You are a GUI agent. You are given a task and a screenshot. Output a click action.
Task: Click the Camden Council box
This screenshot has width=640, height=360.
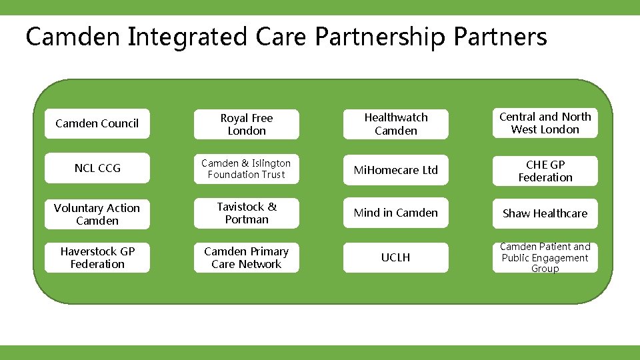[97, 123]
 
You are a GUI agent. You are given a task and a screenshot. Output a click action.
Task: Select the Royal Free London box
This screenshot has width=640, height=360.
[247, 125]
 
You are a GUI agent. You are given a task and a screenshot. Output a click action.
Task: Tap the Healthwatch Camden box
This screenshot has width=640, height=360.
[396, 124]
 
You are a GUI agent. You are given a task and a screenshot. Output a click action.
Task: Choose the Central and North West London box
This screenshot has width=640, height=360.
[545, 123]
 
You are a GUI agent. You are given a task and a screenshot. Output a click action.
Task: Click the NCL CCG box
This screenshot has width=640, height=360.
[97, 169]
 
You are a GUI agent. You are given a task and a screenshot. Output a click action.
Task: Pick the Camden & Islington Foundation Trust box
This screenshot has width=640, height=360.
[247, 169]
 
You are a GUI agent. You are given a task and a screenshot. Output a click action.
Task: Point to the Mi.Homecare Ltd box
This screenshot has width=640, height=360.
[396, 170]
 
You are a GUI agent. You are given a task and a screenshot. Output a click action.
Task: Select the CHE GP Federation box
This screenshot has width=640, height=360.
[545, 171]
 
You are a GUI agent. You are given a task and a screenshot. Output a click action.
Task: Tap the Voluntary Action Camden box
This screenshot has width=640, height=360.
[97, 214]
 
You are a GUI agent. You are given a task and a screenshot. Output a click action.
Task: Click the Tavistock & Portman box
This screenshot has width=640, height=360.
[247, 213]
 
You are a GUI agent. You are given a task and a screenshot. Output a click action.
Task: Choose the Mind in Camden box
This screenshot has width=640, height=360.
[396, 213]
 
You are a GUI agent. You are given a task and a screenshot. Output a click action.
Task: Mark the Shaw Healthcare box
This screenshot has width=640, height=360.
[545, 213]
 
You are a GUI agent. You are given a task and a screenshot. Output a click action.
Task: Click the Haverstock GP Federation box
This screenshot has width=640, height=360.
[97, 257]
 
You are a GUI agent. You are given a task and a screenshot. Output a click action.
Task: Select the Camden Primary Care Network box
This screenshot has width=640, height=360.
[247, 257]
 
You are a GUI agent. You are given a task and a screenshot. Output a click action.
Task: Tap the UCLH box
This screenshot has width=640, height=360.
[396, 257]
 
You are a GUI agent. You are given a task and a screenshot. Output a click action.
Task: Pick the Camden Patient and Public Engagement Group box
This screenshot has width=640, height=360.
[545, 257]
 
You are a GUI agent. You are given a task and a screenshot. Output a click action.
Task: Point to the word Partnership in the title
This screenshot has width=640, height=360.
[379, 37]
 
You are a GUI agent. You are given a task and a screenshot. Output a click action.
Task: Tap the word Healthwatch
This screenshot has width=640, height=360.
[396, 117]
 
